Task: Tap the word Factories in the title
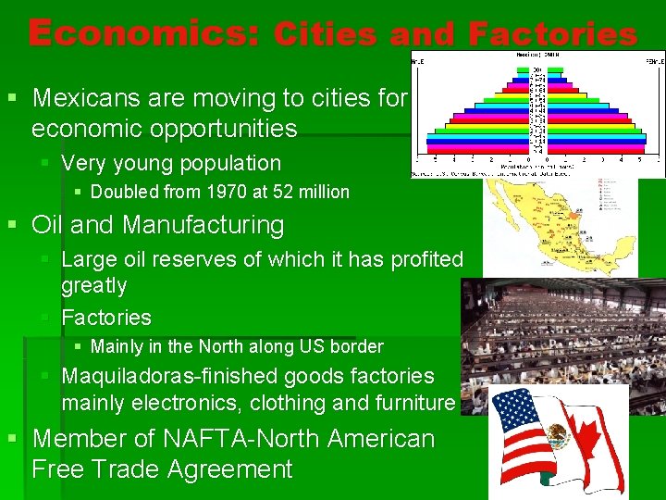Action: [x=552, y=35]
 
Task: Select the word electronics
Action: [x=184, y=403]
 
